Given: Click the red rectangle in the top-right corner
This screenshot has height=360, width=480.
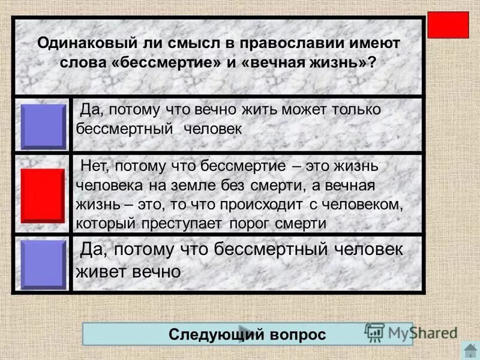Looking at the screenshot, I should click(448, 25).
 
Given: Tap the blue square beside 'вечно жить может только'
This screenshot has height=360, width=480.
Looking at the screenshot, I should click(43, 126).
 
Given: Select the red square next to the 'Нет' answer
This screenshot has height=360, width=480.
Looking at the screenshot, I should click(43, 196).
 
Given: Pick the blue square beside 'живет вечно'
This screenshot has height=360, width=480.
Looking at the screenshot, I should click(43, 265).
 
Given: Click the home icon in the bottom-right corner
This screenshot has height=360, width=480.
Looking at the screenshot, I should click(470, 350).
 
